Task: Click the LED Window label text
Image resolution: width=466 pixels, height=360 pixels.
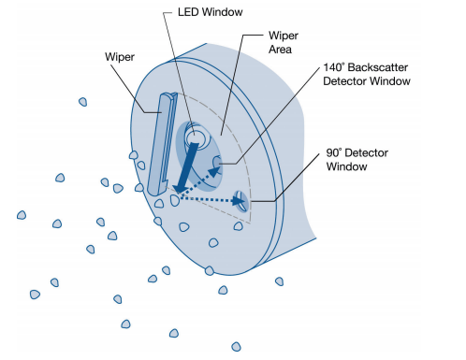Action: point(210,12)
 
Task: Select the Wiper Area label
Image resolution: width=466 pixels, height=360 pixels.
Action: point(284,42)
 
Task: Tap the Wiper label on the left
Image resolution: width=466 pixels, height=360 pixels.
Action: point(120,57)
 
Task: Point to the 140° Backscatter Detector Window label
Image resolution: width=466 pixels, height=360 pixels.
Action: point(367,74)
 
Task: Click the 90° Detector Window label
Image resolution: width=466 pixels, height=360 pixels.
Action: point(357,159)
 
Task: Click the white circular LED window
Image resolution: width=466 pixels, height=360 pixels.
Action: point(196,138)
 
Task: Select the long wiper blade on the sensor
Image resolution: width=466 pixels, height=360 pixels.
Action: point(162,144)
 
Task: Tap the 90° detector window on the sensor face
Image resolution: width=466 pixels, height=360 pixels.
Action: point(241,201)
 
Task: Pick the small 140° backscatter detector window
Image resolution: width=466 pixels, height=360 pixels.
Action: point(217,163)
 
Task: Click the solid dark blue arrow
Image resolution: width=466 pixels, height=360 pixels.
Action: point(185,167)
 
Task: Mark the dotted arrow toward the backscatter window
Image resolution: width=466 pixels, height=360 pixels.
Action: point(197,182)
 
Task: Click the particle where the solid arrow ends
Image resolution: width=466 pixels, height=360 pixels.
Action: point(175,200)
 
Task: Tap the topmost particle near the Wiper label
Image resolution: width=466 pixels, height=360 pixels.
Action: point(82,102)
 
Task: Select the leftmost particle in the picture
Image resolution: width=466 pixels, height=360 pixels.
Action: point(22,215)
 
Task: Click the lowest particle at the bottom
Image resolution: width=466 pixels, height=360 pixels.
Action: point(236,347)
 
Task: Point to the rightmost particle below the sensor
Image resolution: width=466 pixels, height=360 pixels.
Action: point(279,281)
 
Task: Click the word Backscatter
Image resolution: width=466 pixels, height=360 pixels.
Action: point(378,67)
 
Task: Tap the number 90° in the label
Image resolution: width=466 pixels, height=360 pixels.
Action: point(334,152)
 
